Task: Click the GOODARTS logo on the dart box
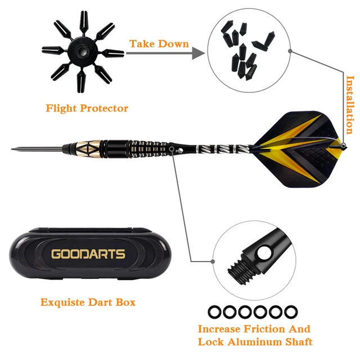(88, 254)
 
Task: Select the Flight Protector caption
(87, 108)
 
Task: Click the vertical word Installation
(350, 105)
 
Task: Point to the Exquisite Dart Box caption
(88, 302)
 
